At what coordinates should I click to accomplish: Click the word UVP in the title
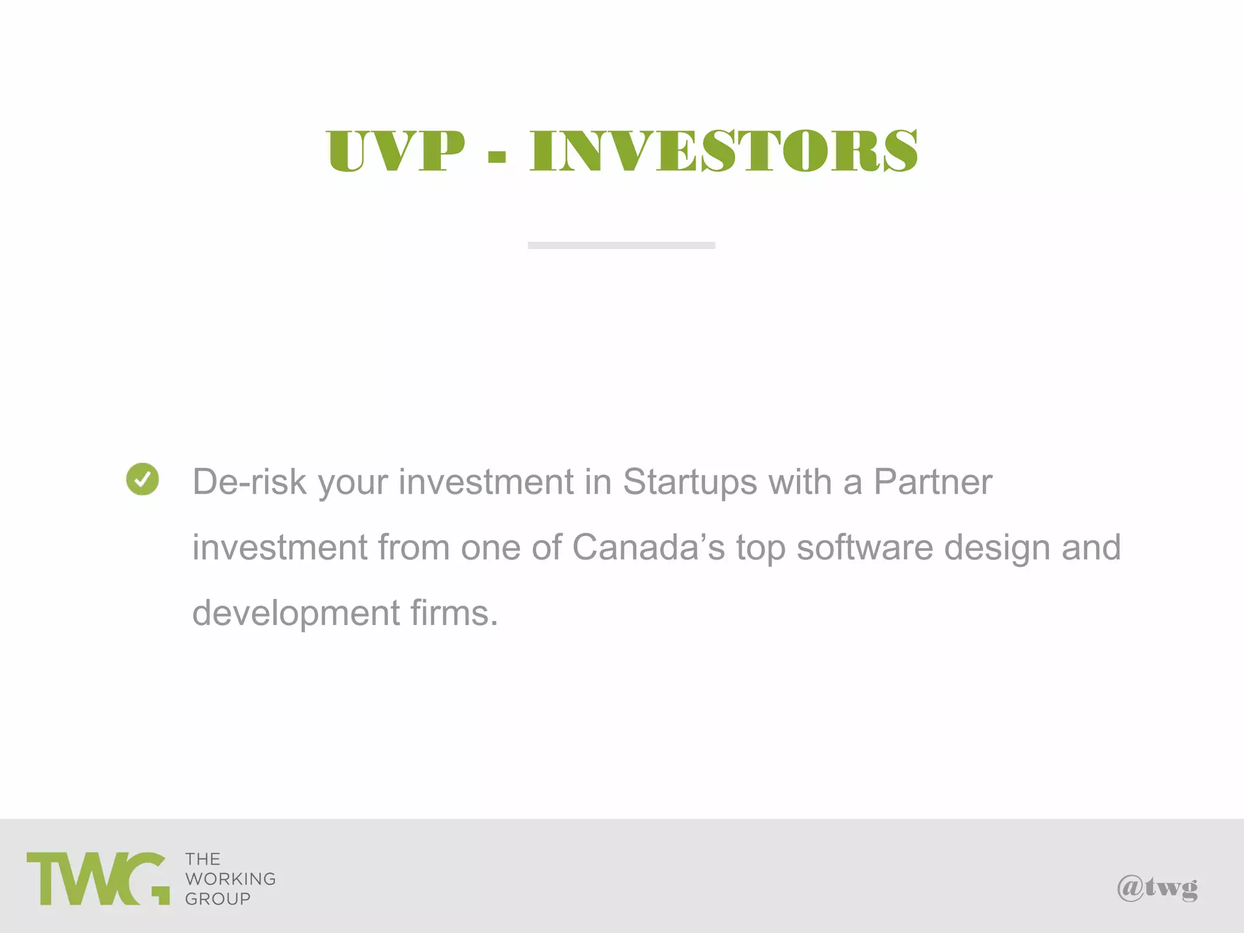tap(395, 151)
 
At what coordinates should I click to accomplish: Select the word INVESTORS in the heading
tap(723, 151)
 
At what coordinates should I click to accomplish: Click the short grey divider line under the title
tap(621, 245)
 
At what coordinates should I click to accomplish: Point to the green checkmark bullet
tap(143, 479)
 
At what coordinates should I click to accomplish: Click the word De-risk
tap(250, 482)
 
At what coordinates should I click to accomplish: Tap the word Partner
tap(932, 482)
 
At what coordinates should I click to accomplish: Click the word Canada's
tap(648, 547)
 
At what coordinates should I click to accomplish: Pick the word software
tap(864, 547)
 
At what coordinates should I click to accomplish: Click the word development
tap(296, 614)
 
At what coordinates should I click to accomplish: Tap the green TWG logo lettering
tap(98, 878)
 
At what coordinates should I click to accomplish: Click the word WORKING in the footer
tap(230, 879)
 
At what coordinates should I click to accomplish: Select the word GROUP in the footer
tap(217, 899)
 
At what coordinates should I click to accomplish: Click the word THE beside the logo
tap(203, 859)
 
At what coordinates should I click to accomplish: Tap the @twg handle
tap(1157, 888)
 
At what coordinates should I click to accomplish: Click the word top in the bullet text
tap(760, 549)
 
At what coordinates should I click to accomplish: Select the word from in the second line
tap(413, 547)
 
